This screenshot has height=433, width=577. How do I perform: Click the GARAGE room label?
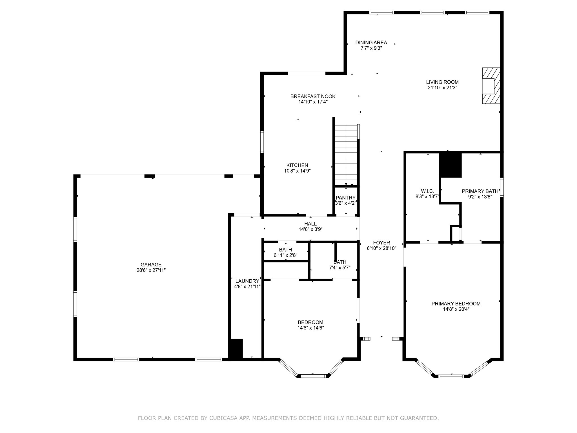coord(151,264)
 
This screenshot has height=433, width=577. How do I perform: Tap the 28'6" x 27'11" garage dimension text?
coord(151,270)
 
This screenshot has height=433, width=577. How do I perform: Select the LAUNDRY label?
coord(247,281)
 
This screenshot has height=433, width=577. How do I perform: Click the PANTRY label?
coord(345,198)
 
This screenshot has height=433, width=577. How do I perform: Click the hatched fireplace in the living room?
coord(491,86)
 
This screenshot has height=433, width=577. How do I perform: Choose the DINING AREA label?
coord(371,43)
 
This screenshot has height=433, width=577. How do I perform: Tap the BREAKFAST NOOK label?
coord(313,96)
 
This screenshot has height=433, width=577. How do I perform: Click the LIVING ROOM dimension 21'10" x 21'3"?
coord(442,88)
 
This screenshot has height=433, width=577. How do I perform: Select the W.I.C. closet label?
coord(427,191)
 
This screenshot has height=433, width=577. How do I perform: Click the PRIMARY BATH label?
coord(480,191)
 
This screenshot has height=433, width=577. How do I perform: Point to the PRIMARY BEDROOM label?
coord(456,304)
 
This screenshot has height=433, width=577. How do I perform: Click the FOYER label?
coord(381,243)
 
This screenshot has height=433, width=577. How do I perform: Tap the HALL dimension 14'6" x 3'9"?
coord(310,229)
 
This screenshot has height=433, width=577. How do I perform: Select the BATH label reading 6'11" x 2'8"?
coord(285,250)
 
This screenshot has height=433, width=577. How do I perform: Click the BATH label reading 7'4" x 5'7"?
coord(340,262)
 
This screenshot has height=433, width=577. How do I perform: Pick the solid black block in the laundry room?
coord(236,348)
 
